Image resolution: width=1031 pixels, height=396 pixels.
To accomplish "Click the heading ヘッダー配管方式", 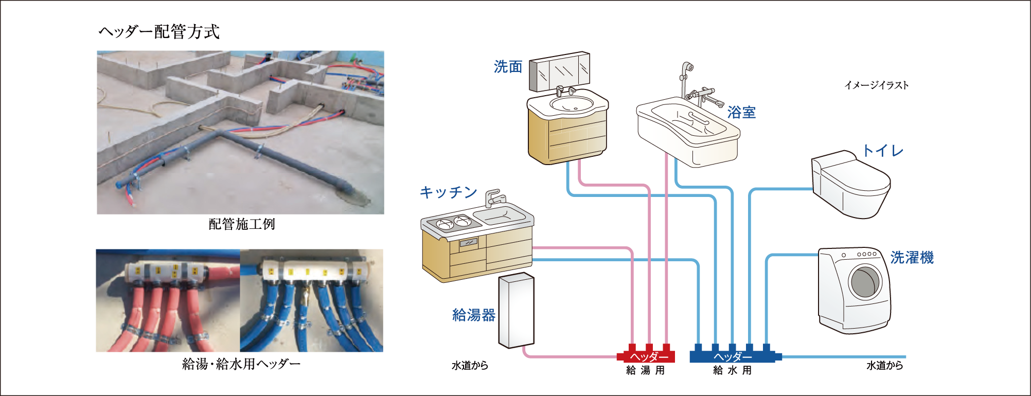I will pyautogui.click(x=159, y=32).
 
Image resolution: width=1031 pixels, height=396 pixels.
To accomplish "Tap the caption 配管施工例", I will pyautogui.click(x=242, y=224).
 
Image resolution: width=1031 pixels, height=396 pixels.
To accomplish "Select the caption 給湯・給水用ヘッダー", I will pyautogui.click(x=241, y=364).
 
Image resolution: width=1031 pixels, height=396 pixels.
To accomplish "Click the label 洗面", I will pyautogui.click(x=508, y=67).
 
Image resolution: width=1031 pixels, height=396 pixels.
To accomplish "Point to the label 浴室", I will pyautogui.click(x=741, y=112).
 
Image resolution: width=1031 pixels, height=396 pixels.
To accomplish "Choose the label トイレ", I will pyautogui.click(x=883, y=151).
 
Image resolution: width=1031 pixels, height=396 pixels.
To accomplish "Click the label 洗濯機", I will pyautogui.click(x=912, y=257).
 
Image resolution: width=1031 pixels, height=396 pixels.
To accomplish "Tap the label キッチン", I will pyautogui.click(x=449, y=192).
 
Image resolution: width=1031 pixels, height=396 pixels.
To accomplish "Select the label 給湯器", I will pyautogui.click(x=473, y=315).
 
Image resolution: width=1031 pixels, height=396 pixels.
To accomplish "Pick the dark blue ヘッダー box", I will pyautogui.click(x=732, y=356).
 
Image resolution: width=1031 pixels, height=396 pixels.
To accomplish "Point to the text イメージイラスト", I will pyautogui.click(x=876, y=85).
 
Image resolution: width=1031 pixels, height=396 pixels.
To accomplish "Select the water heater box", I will pyautogui.click(x=516, y=310).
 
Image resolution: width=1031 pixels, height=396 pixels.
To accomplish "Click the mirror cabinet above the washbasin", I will pyautogui.click(x=560, y=72).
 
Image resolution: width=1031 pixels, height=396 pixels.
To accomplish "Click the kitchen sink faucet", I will pyautogui.click(x=494, y=197).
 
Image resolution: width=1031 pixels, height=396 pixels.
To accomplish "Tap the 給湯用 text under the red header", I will pyautogui.click(x=645, y=370).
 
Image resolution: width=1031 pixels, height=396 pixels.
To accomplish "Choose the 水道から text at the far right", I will pyautogui.click(x=884, y=366).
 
